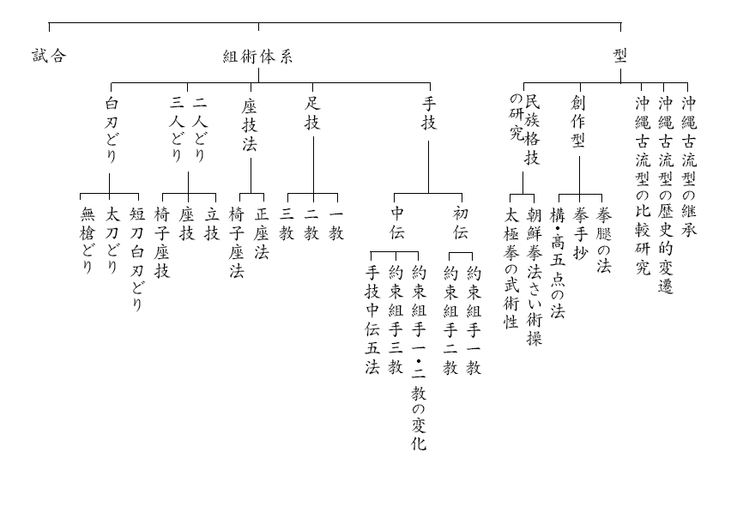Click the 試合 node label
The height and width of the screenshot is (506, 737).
pyautogui.click(x=49, y=57)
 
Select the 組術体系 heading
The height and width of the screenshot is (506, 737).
pyautogui.click(x=257, y=57)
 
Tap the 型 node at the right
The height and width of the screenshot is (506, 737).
pyautogui.click(x=620, y=56)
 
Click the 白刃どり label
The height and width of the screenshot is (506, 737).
pyautogui.click(x=111, y=129)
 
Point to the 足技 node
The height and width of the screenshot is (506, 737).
pyautogui.click(x=312, y=113)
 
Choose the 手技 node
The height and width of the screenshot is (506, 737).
pyautogui.click(x=429, y=113)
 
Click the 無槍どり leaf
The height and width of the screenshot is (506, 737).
pyautogui.click(x=87, y=240)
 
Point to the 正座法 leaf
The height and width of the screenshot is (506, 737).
pyautogui.click(x=262, y=232)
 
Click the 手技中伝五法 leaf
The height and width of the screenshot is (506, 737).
pyautogui.click(x=372, y=320)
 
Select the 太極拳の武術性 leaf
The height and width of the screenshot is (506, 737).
pyautogui.click(x=511, y=268)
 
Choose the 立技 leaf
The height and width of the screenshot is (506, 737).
pyautogui.click(x=212, y=223)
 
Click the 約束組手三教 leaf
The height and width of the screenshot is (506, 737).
pyautogui.click(x=396, y=320)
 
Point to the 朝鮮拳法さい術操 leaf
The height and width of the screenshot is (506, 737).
pyautogui.click(x=535, y=275)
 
